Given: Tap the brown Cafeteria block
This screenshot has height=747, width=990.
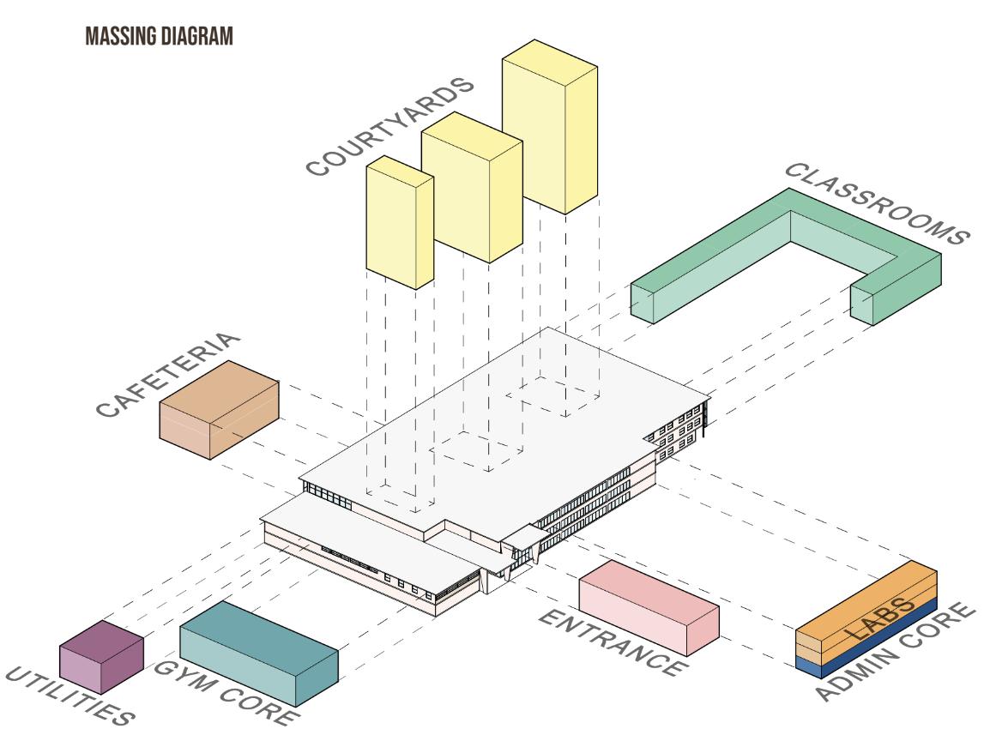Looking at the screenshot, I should tap(220, 411).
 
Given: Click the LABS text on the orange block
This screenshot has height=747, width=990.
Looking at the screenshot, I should tap(875, 620).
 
